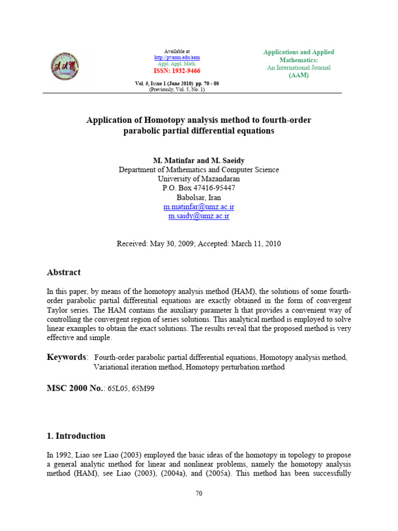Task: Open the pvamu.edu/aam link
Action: pyautogui.click(x=177, y=58)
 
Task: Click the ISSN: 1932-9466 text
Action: pyautogui.click(x=177, y=71)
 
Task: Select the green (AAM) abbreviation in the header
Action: pyautogui.click(x=298, y=75)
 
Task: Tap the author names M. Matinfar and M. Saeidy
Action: pyautogui.click(x=198, y=160)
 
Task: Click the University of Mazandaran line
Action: pyautogui.click(x=198, y=179)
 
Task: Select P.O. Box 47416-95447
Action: pyautogui.click(x=198, y=188)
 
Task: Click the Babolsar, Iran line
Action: pyautogui.click(x=198, y=197)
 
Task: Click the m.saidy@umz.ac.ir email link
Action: pyautogui.click(x=198, y=216)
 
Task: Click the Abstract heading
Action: pyautogui.click(x=64, y=272)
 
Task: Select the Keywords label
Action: pyautogui.click(x=67, y=357)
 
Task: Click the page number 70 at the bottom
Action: pyautogui.click(x=198, y=493)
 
